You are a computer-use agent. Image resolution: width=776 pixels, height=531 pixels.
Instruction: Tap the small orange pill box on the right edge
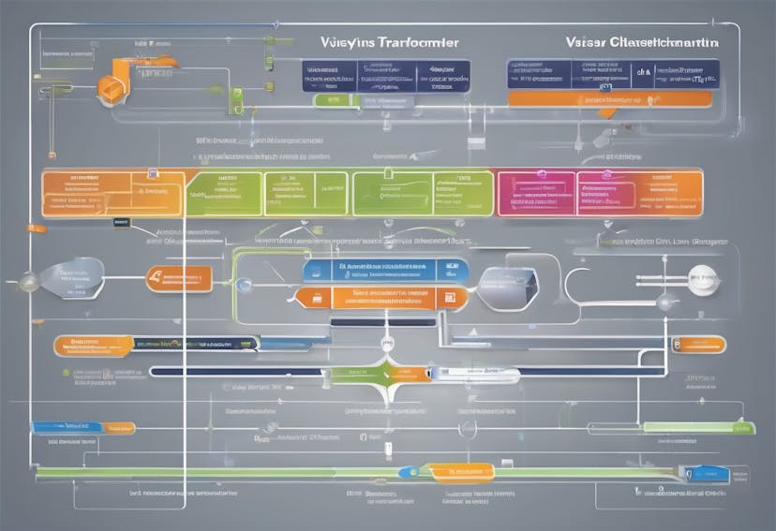[x=698, y=345]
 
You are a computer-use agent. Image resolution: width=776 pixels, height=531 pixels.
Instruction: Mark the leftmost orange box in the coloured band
[x=100, y=193]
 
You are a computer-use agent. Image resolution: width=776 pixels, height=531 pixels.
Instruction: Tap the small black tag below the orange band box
[x=122, y=223]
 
